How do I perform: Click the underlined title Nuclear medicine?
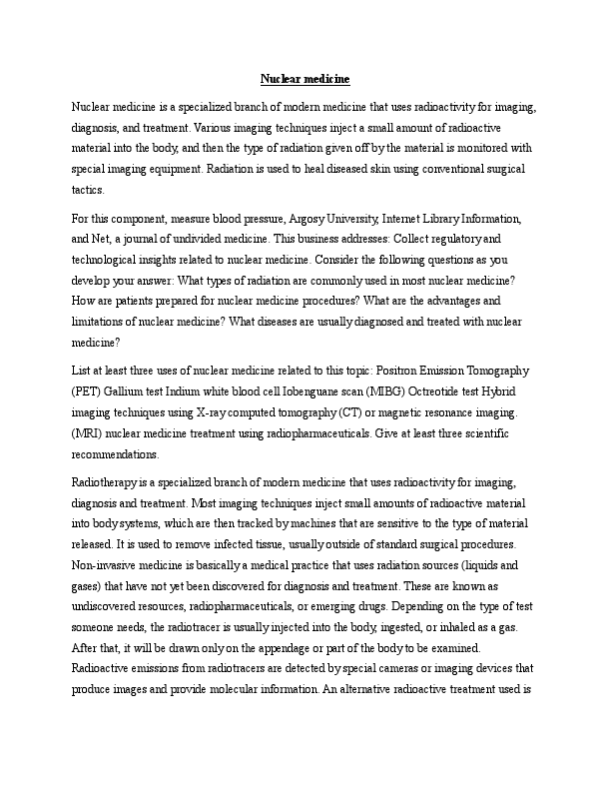click(305, 78)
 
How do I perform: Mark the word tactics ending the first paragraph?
click(87, 191)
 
